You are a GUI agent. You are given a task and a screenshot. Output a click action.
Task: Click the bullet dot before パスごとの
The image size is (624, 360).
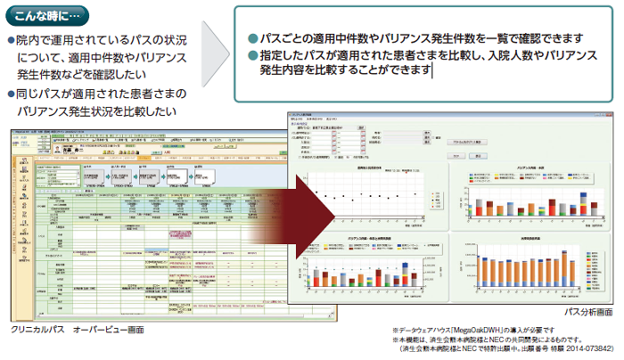pyautogui.click(x=252, y=38)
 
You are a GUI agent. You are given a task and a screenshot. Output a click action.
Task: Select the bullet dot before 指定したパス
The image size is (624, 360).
pyautogui.click(x=252, y=55)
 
